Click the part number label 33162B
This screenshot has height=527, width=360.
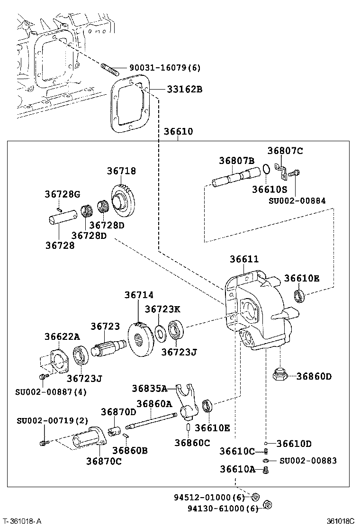pyautogui.click(x=184, y=89)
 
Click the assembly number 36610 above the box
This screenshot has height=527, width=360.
pyautogui.click(x=179, y=131)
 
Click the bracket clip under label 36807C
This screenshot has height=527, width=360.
pyautogui.click(x=283, y=172)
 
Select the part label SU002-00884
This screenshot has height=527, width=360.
pyautogui.click(x=297, y=200)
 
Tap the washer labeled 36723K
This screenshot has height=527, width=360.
pyautogui.click(x=160, y=334)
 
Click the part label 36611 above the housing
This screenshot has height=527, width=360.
pyautogui.click(x=244, y=259)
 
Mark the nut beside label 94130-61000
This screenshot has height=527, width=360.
pyautogui.click(x=266, y=505)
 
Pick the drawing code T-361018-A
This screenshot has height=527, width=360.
pyautogui.click(x=22, y=521)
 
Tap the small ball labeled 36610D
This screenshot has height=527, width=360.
pyautogui.click(x=267, y=443)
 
